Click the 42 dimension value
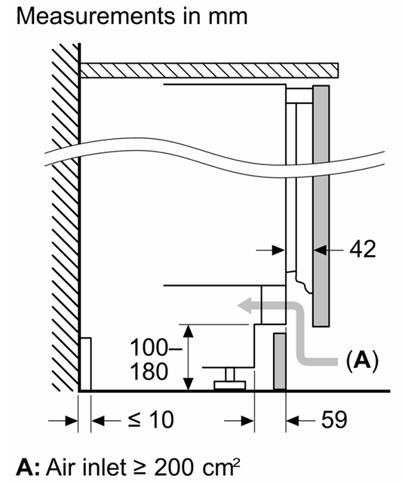click(363, 249)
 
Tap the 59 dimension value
click(334, 419)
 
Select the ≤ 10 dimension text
click(151, 419)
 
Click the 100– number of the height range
click(156, 348)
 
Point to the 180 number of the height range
click(149, 371)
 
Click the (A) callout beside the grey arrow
click(362, 361)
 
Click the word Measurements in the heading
click(96, 16)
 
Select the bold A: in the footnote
click(28, 468)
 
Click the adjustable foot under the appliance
click(230, 379)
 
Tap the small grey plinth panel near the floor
click(280, 361)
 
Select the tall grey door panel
click(321, 206)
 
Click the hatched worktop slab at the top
click(210, 70)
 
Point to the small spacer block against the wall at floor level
click(86, 364)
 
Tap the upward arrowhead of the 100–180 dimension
click(189, 331)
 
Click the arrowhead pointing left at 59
click(293, 421)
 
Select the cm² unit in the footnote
click(221, 468)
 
